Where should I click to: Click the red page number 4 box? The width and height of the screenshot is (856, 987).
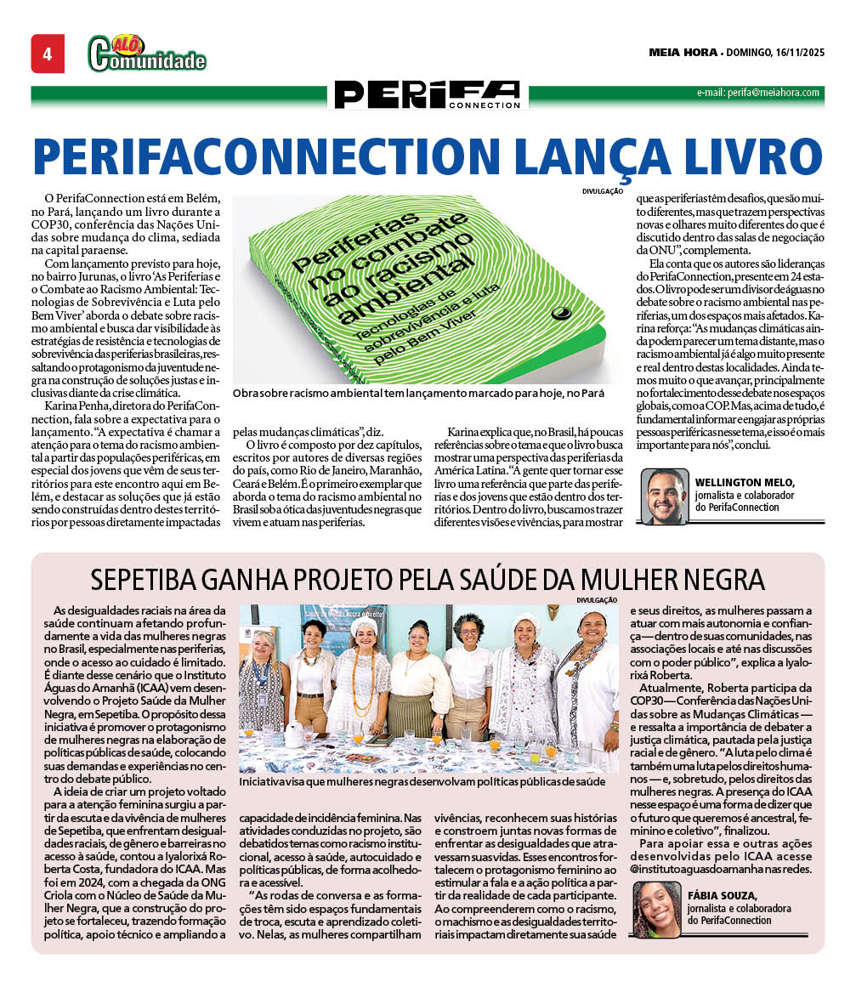(x=48, y=54)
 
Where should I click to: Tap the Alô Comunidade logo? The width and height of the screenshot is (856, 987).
(x=146, y=54)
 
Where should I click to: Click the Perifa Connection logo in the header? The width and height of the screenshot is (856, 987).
(x=427, y=94)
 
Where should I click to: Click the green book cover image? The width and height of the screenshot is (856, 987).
(x=427, y=289)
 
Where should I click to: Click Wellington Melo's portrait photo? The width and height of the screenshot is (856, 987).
(x=665, y=496)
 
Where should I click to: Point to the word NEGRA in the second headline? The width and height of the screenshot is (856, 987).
(x=720, y=581)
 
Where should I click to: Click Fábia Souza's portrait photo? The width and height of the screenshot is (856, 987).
(x=656, y=910)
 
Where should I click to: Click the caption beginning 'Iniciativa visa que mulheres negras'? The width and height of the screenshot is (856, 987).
(x=422, y=780)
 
